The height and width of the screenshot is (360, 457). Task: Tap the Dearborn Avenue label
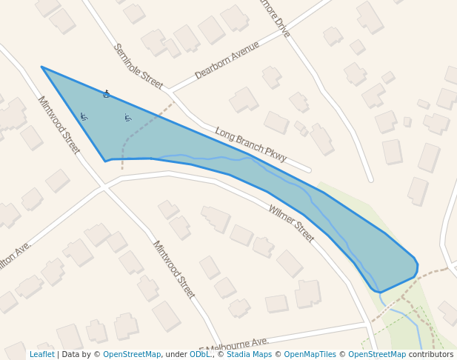point(227,60)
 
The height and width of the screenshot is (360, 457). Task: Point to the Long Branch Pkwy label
point(250,144)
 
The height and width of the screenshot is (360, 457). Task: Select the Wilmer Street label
point(290,223)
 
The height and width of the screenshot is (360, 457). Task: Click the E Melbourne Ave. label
point(235,344)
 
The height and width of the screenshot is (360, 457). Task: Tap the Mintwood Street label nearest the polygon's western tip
point(58,124)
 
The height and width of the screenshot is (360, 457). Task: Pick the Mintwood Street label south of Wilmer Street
point(173,269)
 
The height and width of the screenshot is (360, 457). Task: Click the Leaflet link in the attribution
point(42,355)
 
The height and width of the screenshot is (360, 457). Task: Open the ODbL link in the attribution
point(200,355)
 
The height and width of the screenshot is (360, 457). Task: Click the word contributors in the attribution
point(431,355)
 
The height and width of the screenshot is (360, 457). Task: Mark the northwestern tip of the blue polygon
point(42,67)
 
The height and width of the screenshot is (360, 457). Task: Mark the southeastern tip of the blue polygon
point(380,292)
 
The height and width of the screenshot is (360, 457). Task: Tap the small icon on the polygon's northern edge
point(107,94)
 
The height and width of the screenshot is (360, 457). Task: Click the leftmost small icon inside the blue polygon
point(84,116)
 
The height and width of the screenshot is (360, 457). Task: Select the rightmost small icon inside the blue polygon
point(128,118)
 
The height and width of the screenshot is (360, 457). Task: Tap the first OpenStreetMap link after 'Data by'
point(132,355)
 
